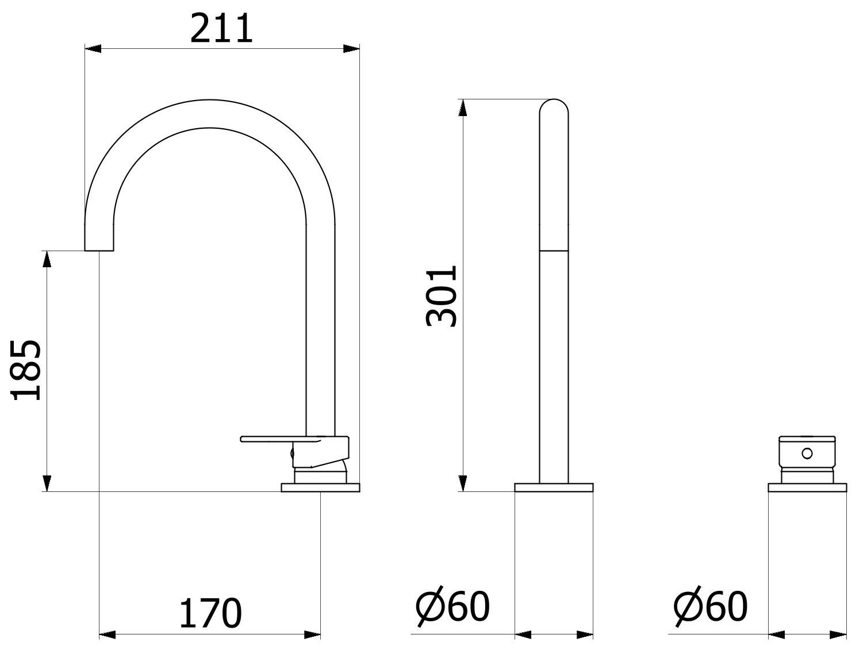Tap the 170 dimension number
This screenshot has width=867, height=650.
210,613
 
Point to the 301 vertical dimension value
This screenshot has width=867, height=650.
442,296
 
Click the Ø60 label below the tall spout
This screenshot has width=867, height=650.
452,606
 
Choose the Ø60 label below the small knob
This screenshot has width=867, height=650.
711,606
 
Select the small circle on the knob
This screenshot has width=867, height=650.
807,453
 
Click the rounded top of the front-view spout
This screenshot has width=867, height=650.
554,106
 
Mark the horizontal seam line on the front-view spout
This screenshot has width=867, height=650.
554,251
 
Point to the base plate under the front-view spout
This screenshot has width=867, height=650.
554,487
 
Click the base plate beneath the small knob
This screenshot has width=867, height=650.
807,487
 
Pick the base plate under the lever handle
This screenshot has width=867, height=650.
320,487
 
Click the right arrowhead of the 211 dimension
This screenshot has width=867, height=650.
352,49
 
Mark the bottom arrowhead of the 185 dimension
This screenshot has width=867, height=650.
47,483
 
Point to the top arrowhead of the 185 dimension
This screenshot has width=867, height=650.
47,260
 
